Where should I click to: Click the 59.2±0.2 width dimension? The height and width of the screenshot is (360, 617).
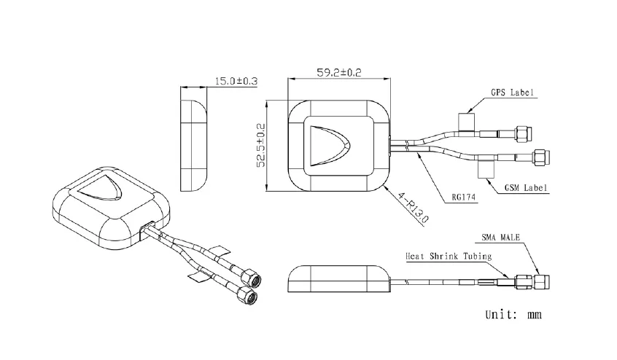click(340, 72)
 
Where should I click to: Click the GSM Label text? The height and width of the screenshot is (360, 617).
click(527, 189)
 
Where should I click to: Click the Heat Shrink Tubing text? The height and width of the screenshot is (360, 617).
click(449, 257)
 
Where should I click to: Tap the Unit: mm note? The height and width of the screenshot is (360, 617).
click(513, 315)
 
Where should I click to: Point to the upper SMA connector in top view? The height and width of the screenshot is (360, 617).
click(522, 133)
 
